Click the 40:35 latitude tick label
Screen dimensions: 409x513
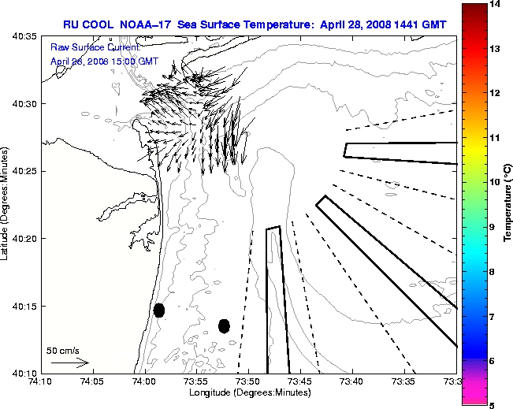tap(21, 37)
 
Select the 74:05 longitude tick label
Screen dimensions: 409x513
tap(92, 382)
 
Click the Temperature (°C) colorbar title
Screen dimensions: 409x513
tap(508, 204)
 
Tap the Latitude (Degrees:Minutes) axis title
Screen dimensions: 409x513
tap(6, 204)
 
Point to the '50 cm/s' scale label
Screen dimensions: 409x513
tap(63, 350)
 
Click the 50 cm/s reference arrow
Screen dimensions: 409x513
tap(70, 363)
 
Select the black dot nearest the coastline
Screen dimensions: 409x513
tap(159, 310)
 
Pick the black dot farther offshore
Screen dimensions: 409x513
tap(224, 325)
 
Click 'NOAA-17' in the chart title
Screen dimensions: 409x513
tap(146, 24)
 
